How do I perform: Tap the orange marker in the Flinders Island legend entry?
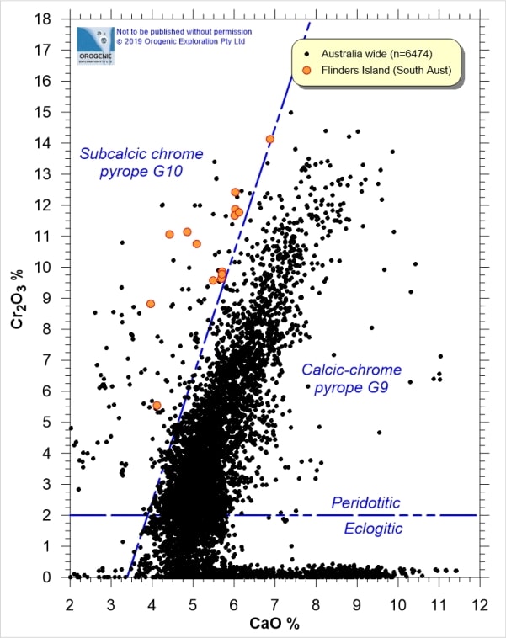[306, 70]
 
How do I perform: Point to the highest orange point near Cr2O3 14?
[269, 139]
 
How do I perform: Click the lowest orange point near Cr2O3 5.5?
[157, 406]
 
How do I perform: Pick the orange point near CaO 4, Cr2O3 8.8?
[151, 304]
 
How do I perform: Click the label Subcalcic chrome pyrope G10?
[141, 162]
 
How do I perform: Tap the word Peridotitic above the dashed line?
[365, 502]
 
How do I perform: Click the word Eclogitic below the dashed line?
[373, 529]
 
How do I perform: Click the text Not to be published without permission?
[173, 31]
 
